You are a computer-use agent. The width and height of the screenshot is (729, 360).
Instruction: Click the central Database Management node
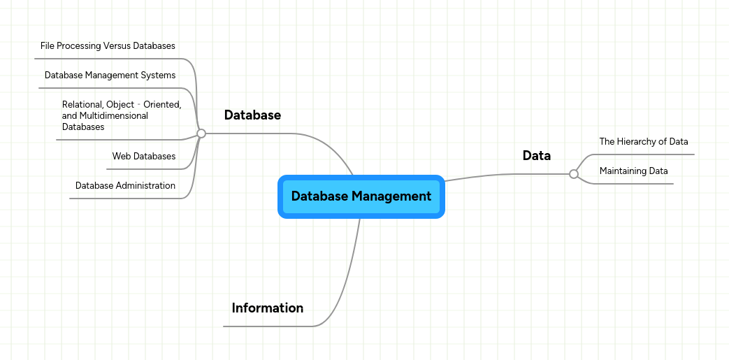tap(361, 196)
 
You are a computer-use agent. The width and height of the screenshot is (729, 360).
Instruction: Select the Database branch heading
tap(252, 115)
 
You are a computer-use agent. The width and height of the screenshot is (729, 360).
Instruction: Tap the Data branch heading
tap(536, 156)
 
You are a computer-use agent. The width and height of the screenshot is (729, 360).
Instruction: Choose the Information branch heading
tap(267, 308)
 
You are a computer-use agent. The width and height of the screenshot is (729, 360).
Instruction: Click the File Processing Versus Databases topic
tap(108, 46)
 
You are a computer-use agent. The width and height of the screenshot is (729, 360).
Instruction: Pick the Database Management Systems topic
tap(110, 75)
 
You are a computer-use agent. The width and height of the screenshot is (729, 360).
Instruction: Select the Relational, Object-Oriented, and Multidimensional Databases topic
tap(121, 116)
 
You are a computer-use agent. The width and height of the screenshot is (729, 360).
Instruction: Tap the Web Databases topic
tap(143, 157)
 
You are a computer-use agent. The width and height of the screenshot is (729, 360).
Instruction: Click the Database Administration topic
tap(125, 186)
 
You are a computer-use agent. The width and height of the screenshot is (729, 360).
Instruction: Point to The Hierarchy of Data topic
tap(643, 142)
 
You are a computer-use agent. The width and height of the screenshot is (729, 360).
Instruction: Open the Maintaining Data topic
tap(633, 171)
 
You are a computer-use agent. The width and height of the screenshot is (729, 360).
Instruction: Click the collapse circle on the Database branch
tap(201, 133)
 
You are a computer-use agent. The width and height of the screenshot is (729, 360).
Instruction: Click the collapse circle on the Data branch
tap(574, 174)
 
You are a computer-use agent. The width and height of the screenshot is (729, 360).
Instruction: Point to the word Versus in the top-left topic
tap(117, 46)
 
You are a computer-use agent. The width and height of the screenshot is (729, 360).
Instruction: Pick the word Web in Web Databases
tap(121, 157)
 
